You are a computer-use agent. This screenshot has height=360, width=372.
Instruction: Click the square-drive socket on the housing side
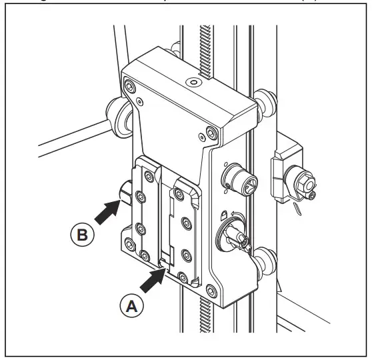point(237,178)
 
